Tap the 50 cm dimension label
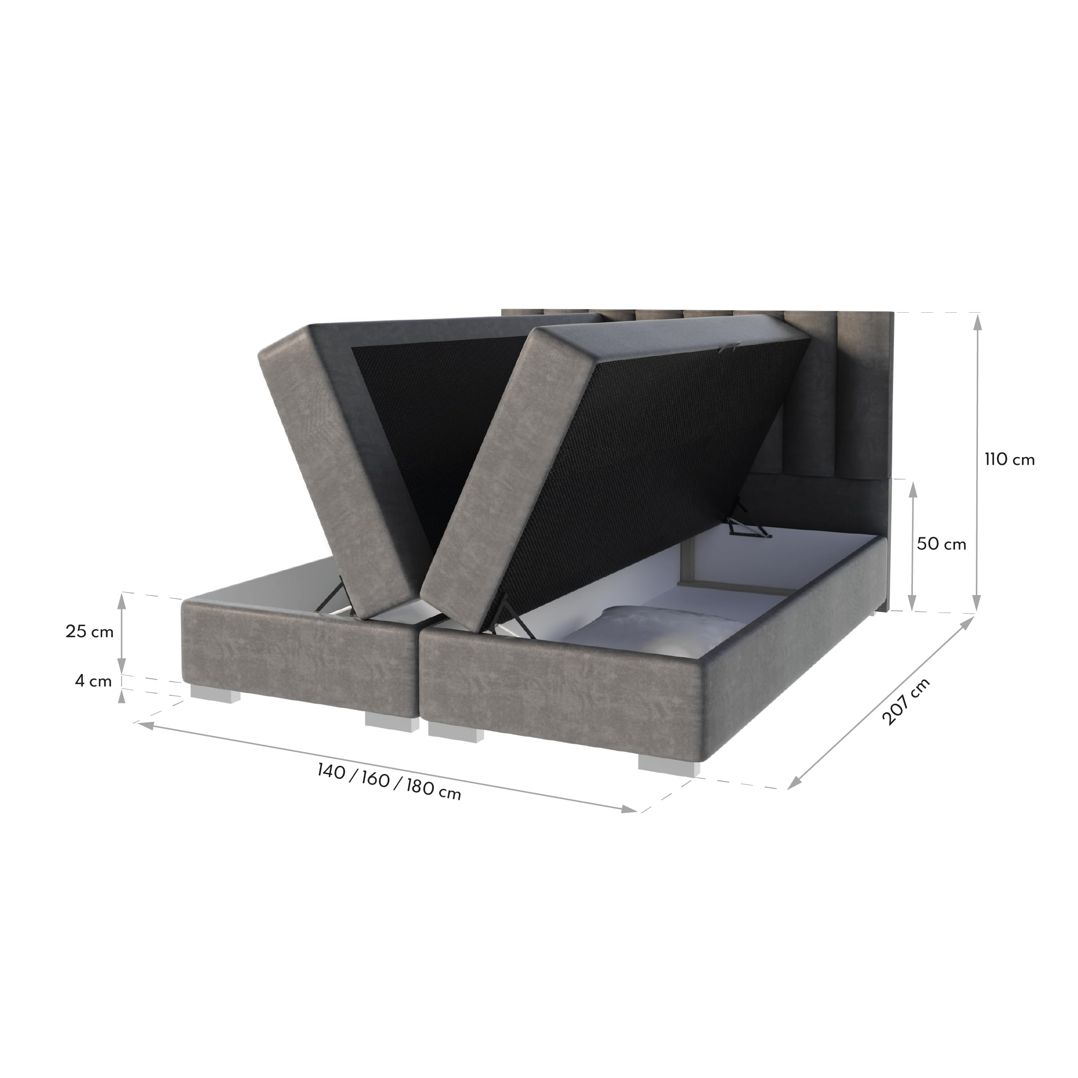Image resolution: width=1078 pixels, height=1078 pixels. click(x=942, y=544)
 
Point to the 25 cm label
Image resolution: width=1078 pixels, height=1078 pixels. click(x=89, y=631)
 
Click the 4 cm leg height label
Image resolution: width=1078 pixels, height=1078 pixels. click(x=93, y=681)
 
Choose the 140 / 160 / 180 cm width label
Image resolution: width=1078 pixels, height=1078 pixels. click(x=389, y=781)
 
